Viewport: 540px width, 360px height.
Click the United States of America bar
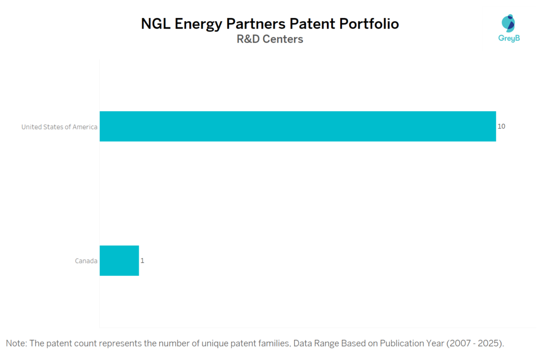click(297, 127)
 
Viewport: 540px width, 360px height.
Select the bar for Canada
click(119, 260)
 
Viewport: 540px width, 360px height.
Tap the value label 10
click(502, 127)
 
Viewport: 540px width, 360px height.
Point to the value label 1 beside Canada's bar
click(142, 260)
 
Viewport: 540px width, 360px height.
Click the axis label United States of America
click(59, 127)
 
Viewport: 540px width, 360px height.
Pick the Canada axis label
click(86, 260)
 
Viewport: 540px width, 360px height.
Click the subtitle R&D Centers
click(270, 39)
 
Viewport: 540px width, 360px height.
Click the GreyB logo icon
click(508, 23)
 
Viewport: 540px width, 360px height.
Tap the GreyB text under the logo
click(509, 38)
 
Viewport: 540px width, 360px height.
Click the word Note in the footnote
click(16, 344)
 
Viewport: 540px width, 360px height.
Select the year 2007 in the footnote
click(457, 344)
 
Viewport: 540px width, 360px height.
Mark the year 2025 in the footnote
click(487, 344)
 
